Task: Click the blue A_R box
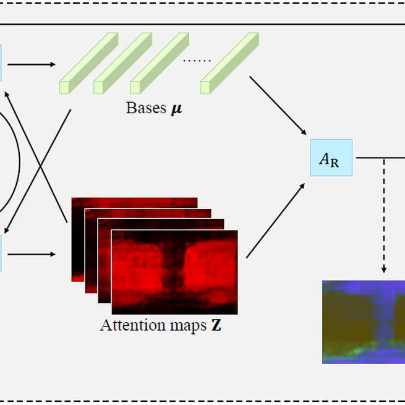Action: (x=331, y=158)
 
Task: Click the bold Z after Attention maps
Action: (x=216, y=325)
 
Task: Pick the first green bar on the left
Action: (x=88, y=63)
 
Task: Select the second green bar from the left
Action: (x=122, y=63)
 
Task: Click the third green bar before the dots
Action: (x=159, y=63)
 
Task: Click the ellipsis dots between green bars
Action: (x=197, y=61)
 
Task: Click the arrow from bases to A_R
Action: (x=279, y=106)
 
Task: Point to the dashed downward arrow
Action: (x=384, y=216)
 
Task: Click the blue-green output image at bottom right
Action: (x=363, y=322)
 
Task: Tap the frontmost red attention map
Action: (x=174, y=272)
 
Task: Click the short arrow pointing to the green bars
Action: (x=31, y=64)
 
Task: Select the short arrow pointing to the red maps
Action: (x=31, y=254)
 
